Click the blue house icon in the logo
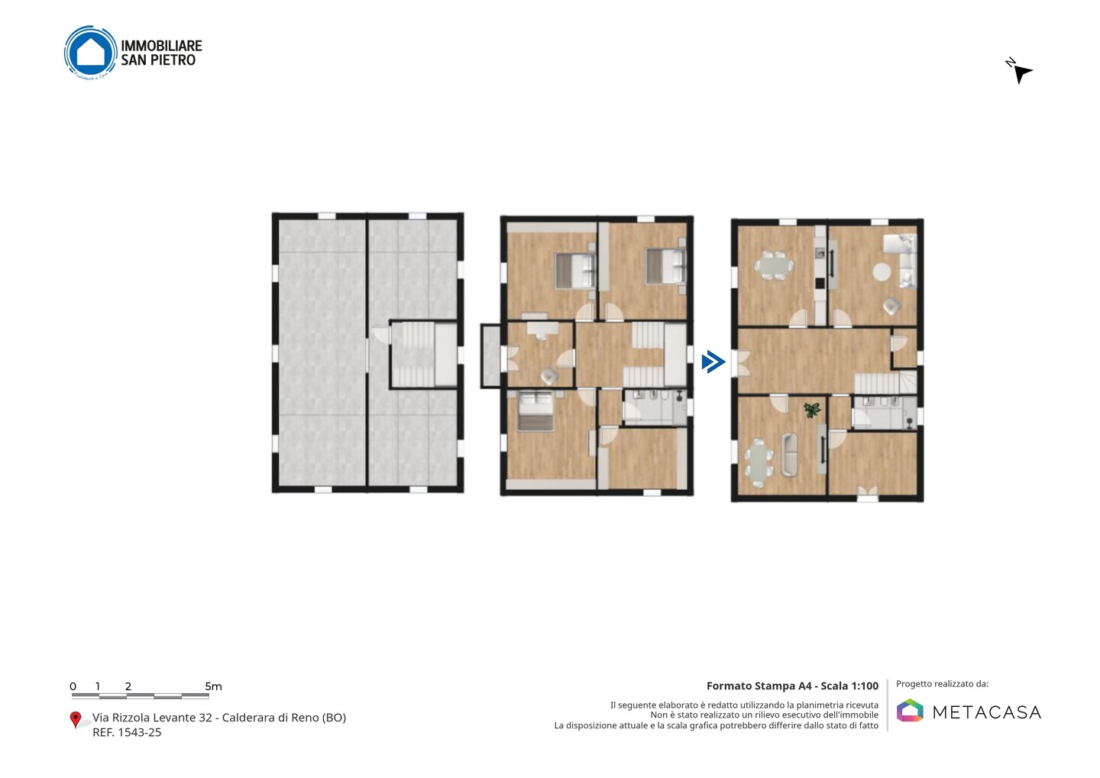91,51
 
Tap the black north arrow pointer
1022,74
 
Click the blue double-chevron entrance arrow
713,362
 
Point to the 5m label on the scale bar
213,686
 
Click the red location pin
75,720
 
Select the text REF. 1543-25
127,732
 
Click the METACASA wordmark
987,713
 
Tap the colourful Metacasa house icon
910,710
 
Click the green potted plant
812,409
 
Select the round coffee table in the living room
882,271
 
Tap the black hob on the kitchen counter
820,283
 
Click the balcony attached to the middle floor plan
490,355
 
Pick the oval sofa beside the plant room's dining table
789,455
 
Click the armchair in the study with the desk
548,376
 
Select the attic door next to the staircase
381,336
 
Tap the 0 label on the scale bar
73,686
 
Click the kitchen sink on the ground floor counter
820,252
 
